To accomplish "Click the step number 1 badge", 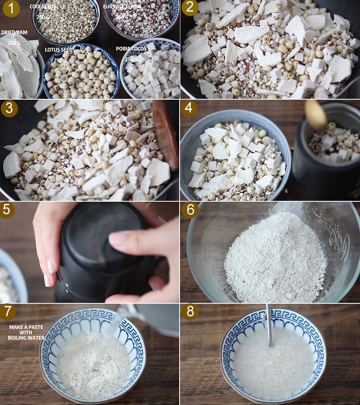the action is [x=11, y=8].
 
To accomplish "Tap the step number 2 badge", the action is [x=190, y=8].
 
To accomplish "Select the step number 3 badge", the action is [x=9, y=108].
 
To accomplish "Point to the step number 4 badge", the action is [x=189, y=108].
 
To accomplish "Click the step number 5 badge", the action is [x=7, y=209].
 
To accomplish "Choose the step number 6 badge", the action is [x=190, y=209].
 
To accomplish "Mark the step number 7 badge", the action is [x=8, y=311].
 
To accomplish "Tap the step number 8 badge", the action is [x=190, y=311].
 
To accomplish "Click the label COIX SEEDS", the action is [x=43, y=6].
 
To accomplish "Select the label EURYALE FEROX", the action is [x=122, y=6].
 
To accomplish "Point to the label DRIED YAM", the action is [x=14, y=32].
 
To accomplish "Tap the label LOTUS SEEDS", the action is [x=60, y=50].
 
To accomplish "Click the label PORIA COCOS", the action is [x=131, y=48].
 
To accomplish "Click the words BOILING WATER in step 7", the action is [x=26, y=338].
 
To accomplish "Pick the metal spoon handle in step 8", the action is [x=269, y=325].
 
